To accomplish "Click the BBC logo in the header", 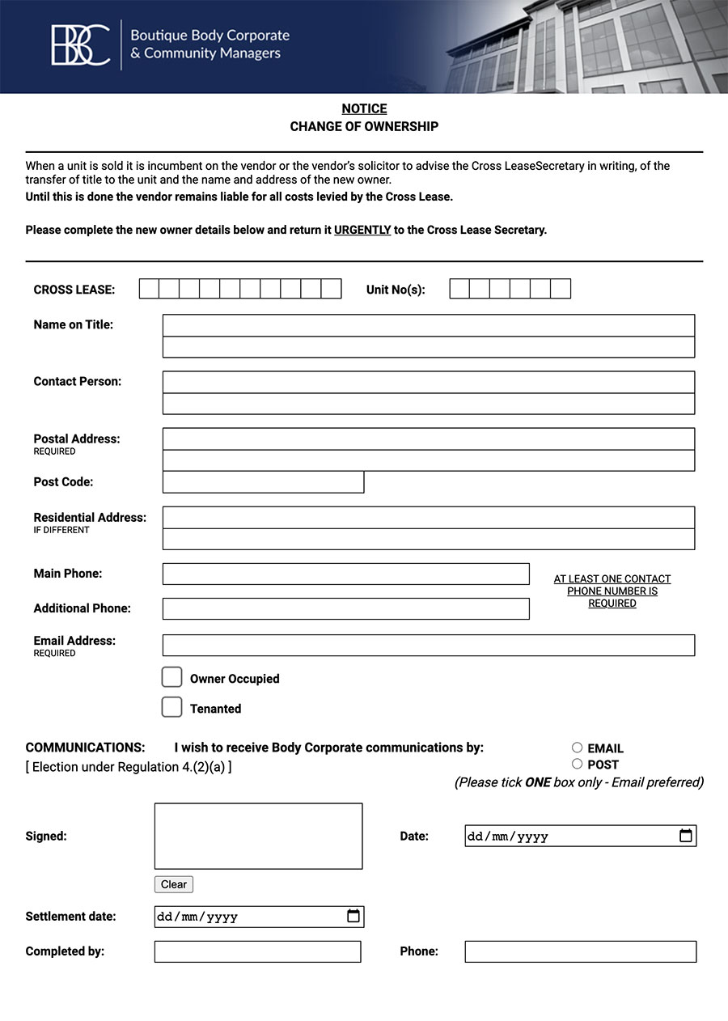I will click(81, 45).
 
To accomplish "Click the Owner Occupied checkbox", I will click(171, 678).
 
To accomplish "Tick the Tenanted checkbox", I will click(171, 707).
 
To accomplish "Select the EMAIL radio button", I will click(577, 748).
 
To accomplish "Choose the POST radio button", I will click(577, 764).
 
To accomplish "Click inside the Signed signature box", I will click(258, 836).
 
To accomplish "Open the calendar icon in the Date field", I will click(685, 836).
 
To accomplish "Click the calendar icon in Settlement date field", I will click(353, 916).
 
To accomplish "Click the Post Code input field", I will click(263, 482).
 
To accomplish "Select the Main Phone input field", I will click(345, 574).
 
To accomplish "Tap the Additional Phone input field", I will click(345, 608).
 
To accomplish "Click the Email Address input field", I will click(428, 645).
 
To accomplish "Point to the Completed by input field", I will click(257, 951).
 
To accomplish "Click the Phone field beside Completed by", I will click(580, 951).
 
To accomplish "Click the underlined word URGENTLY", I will click(362, 230).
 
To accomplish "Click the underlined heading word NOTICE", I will click(364, 108).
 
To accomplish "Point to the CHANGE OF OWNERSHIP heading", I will click(364, 126).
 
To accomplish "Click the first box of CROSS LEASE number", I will click(149, 289).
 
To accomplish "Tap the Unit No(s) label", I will click(396, 290).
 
